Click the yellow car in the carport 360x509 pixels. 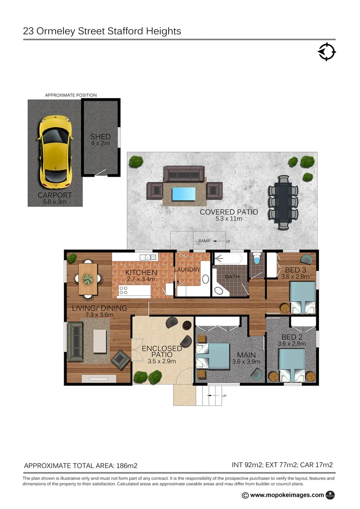[56, 151]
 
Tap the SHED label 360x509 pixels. [100, 137]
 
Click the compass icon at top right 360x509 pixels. [327, 51]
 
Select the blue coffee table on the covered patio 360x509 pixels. [184, 193]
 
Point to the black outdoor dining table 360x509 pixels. [283, 202]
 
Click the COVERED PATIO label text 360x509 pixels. [229, 212]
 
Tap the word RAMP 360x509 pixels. [205, 241]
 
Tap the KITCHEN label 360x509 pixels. [141, 272]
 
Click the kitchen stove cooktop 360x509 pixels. [123, 291]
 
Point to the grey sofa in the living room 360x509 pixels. [75, 340]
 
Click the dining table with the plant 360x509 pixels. [88, 279]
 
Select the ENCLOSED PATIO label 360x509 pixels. [162, 352]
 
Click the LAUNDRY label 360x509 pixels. [188, 270]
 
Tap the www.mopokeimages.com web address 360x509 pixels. [287, 495]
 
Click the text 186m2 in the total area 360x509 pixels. [126, 466]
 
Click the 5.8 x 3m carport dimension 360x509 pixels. [55, 202]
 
